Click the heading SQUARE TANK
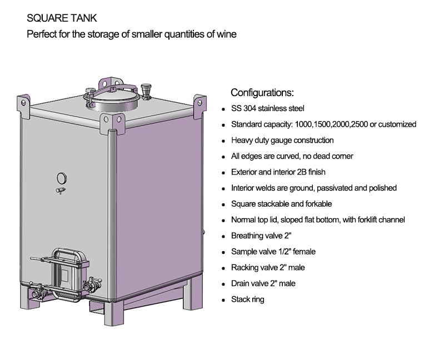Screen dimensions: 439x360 tap(62, 18)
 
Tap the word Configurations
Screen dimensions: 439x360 tap(262, 93)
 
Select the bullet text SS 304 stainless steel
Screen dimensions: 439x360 tap(268, 108)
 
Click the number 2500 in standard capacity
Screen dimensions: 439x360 tap(359, 124)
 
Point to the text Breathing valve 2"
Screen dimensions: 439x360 tap(261, 236)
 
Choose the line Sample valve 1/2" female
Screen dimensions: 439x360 tap(273, 252)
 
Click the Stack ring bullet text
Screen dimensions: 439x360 tap(248, 299)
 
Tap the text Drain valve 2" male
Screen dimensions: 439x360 tap(263, 283)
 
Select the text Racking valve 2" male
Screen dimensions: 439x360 tap(268, 268)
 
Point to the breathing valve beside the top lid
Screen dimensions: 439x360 tap(146, 91)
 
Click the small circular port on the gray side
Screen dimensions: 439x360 tap(62, 178)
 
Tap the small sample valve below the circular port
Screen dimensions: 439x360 tap(61, 191)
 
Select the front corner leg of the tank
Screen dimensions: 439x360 tap(114, 313)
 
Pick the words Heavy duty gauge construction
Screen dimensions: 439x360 tap(282, 140)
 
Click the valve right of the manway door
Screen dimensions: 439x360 tap(92, 284)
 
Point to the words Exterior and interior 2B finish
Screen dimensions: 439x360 tap(278, 172)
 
